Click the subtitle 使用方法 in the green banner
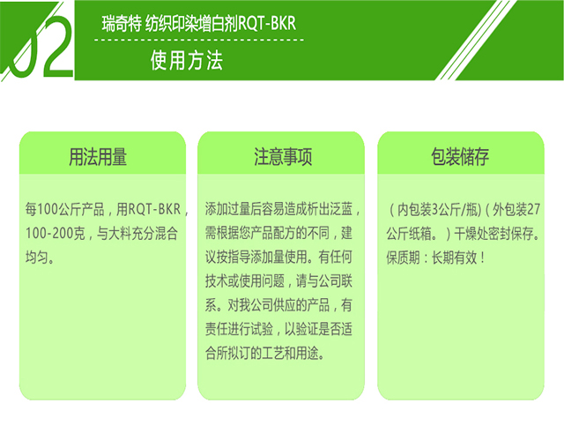point(186,61)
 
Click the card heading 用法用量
point(99,157)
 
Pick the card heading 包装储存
point(461,157)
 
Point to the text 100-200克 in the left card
point(56,234)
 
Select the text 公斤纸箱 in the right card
point(413,234)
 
